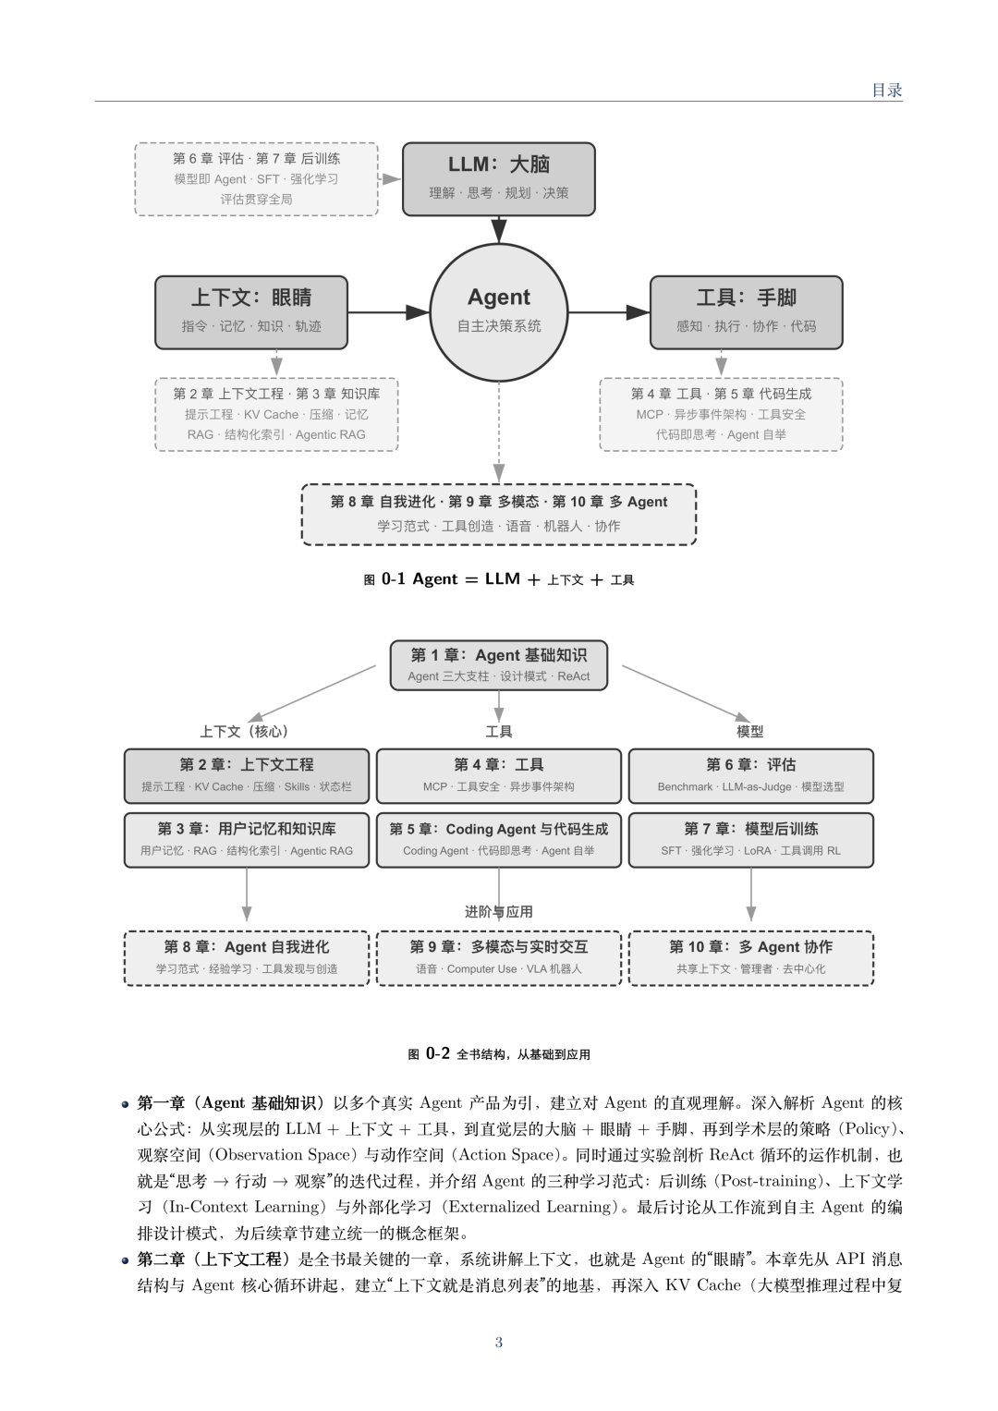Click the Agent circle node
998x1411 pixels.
pyautogui.click(x=498, y=311)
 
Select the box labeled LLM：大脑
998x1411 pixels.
pyautogui.click(x=498, y=179)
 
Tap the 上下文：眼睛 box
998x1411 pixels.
pyautogui.click(x=251, y=311)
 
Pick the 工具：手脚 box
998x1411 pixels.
pyautogui.click(x=746, y=311)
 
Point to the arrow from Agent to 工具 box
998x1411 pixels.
pyautogui.click(x=609, y=311)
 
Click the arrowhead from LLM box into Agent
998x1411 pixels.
pyautogui.click(x=498, y=231)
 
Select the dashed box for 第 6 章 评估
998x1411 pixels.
pyautogui.click(x=257, y=179)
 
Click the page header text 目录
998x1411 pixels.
pyautogui.click(x=887, y=90)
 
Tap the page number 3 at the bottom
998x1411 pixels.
pyautogui.click(x=498, y=1343)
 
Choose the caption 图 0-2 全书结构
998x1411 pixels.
pyautogui.click(x=498, y=1053)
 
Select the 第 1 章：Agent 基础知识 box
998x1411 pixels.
pyautogui.click(x=498, y=665)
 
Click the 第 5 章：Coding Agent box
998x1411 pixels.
pyautogui.click(x=498, y=840)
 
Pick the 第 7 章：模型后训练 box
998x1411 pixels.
pyautogui.click(x=751, y=840)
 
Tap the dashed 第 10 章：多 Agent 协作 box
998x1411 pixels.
pyautogui.click(x=751, y=958)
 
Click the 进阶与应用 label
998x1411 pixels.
pyautogui.click(x=498, y=911)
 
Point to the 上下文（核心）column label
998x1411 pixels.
pyautogui.click(x=245, y=731)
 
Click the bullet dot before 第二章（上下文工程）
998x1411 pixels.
pyautogui.click(x=126, y=1260)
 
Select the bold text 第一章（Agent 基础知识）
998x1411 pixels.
pyautogui.click(x=231, y=1103)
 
